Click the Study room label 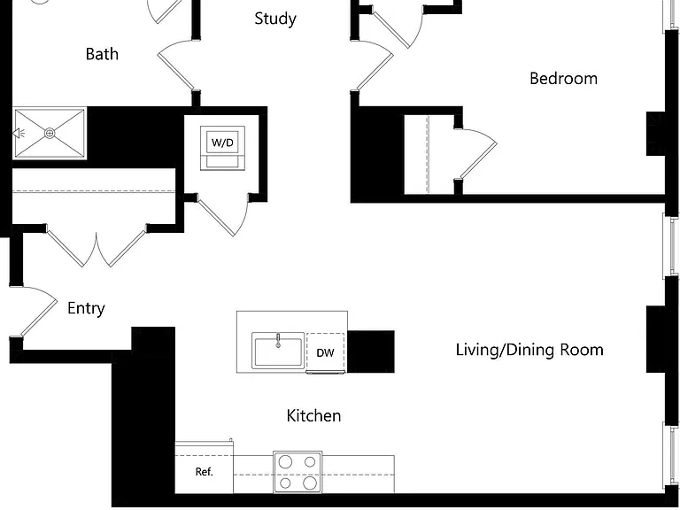tap(275, 19)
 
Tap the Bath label tap(102, 54)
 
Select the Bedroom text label tap(563, 79)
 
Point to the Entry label tap(86, 308)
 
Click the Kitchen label tap(313, 416)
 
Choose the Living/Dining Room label tap(529, 350)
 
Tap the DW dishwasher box tap(325, 352)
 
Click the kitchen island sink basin tap(278, 351)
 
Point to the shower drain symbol tap(50, 133)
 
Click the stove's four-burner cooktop tap(297, 472)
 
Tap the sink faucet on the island tap(278, 340)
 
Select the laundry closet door tap(223, 217)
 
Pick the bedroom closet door tap(477, 153)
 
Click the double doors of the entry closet tap(97, 248)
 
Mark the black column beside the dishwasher tap(371, 352)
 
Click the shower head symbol tap(18, 133)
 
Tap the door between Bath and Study tap(175, 65)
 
